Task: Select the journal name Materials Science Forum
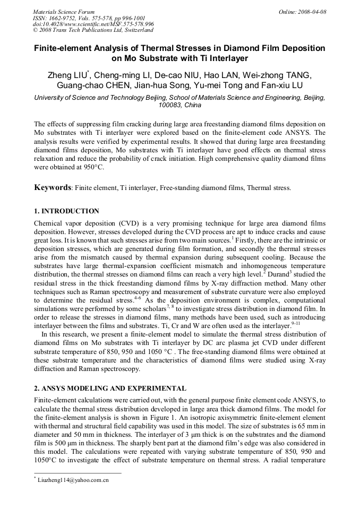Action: pos(64,12)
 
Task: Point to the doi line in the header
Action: pos(93,24)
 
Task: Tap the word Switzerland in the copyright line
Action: pos(133,31)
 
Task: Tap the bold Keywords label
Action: pos(53,187)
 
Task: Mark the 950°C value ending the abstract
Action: pos(91,167)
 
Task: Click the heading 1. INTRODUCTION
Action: pos(66,211)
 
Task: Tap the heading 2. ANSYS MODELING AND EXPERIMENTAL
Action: pos(109,389)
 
